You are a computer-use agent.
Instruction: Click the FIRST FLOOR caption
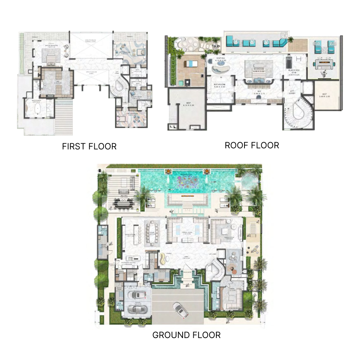click(x=89, y=147)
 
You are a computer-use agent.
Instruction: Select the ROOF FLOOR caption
click(x=252, y=145)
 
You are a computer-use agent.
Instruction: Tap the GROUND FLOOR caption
click(x=186, y=335)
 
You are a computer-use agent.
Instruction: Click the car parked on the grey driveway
click(x=179, y=310)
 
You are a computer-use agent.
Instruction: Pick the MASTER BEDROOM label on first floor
click(x=52, y=46)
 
